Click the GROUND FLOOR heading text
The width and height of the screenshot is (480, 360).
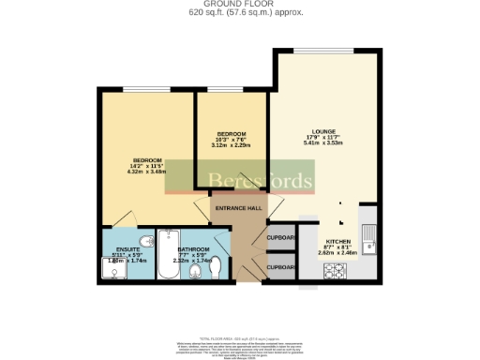(x=240, y=4)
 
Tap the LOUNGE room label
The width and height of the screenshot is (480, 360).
(x=324, y=130)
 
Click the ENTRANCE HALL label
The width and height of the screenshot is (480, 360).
(x=239, y=208)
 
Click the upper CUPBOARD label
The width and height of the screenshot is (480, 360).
(x=282, y=236)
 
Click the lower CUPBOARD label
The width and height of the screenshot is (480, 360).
(x=282, y=267)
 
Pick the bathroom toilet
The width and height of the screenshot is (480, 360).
(x=195, y=273)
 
